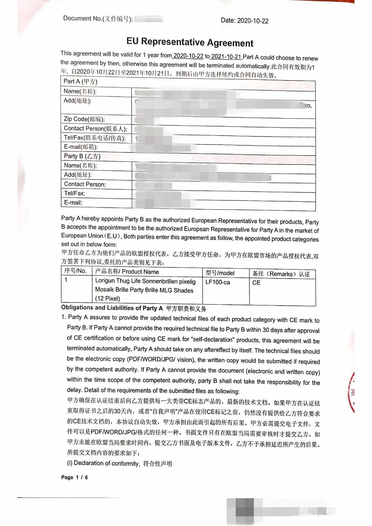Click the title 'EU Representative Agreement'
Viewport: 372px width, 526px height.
[x=190, y=42]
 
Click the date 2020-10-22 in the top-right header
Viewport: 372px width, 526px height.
[x=244, y=21]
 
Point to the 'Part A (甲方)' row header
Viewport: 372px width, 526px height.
[x=80, y=82]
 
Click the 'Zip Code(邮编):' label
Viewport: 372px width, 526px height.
[x=84, y=119]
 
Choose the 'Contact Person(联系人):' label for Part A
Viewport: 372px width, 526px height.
[x=95, y=128]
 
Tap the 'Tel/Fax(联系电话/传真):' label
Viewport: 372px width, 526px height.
[x=94, y=138]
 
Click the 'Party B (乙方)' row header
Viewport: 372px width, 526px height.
[x=82, y=156]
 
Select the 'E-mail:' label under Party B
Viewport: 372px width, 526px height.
[x=73, y=202]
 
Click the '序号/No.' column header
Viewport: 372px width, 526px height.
[x=75, y=271]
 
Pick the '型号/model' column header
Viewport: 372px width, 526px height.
[x=220, y=273]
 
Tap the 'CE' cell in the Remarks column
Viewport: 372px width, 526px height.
[x=256, y=283]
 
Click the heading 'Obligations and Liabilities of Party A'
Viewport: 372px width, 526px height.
[x=112, y=308]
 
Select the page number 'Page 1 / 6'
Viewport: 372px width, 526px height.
[x=74, y=477]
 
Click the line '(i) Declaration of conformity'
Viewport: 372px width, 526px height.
[x=119, y=463]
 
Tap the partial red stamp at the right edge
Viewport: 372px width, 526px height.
[x=351, y=392]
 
